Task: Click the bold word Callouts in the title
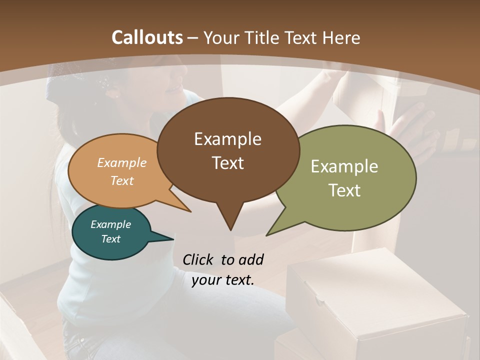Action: click(x=147, y=37)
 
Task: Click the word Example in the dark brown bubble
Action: click(x=227, y=139)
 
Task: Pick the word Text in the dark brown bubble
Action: click(x=227, y=163)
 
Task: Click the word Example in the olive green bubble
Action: click(x=344, y=166)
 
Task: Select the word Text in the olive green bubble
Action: click(x=344, y=190)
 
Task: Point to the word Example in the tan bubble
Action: click(x=122, y=162)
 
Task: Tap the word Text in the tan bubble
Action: click(x=122, y=180)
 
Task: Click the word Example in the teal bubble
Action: click(x=110, y=224)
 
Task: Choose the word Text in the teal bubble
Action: click(x=110, y=239)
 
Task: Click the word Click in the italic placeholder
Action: click(x=198, y=260)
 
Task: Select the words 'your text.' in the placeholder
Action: click(x=223, y=280)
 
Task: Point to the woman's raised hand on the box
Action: click(x=410, y=130)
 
